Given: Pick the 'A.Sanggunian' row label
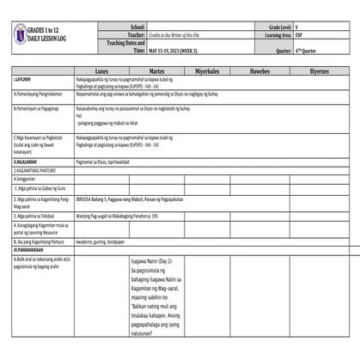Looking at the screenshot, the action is coord(27,179).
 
